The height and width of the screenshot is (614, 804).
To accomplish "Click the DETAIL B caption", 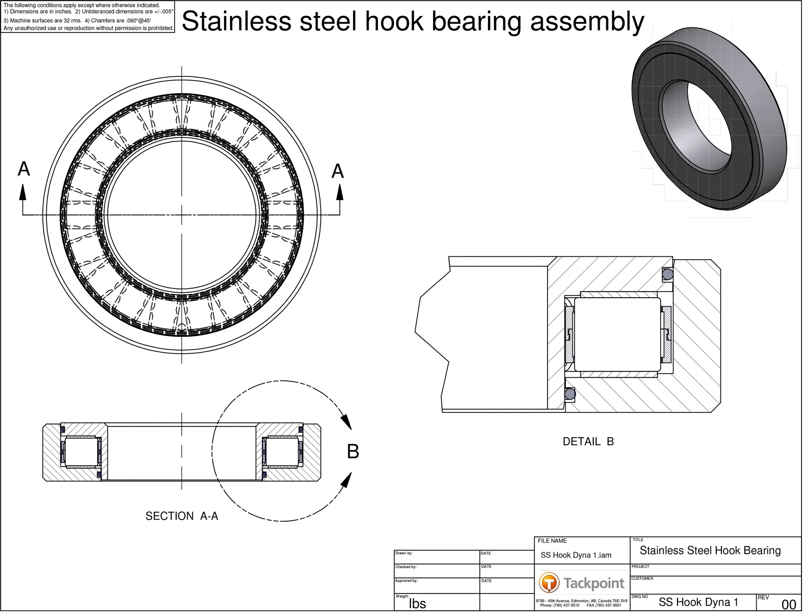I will (589, 443).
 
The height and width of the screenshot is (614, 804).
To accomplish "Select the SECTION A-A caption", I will (182, 518).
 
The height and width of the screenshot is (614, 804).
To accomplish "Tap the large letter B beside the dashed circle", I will (354, 453).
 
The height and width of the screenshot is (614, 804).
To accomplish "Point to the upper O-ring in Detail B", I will (669, 275).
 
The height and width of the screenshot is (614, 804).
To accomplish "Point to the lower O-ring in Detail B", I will (571, 395).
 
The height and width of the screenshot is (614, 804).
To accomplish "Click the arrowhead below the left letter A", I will (23, 193).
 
